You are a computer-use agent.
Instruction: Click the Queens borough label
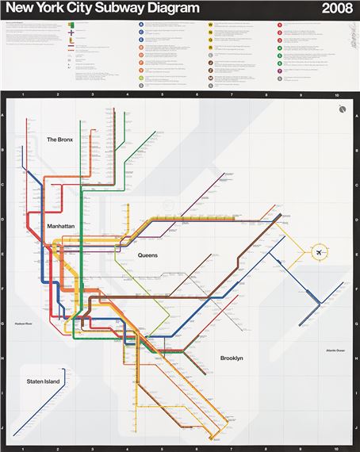[148, 255]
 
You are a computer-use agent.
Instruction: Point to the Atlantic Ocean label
[337, 350]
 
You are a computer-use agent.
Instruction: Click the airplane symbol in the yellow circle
[320, 253]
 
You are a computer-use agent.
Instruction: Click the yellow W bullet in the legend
[210, 25]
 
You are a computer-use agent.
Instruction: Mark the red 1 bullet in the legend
[279, 25]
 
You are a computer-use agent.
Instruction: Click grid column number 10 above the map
[336, 95]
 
